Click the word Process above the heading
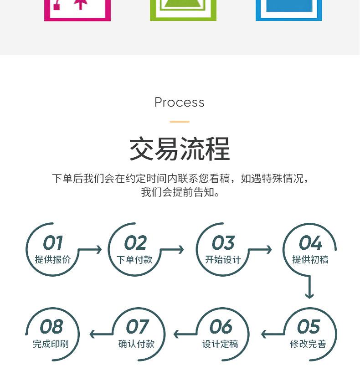click(x=180, y=102)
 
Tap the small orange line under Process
click(x=180, y=122)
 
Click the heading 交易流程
click(x=180, y=149)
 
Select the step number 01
click(x=53, y=243)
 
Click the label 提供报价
click(x=53, y=260)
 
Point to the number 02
click(x=135, y=243)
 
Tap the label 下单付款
click(x=134, y=260)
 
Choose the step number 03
click(x=223, y=243)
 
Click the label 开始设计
click(x=223, y=260)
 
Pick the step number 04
click(x=310, y=243)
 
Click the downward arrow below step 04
click(x=310, y=287)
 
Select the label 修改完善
click(x=308, y=344)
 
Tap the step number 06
click(x=221, y=327)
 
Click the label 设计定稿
click(x=220, y=344)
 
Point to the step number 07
click(x=137, y=327)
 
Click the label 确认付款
click(x=136, y=344)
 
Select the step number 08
click(x=51, y=327)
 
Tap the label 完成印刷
click(x=51, y=344)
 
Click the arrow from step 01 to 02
click(x=90, y=250)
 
